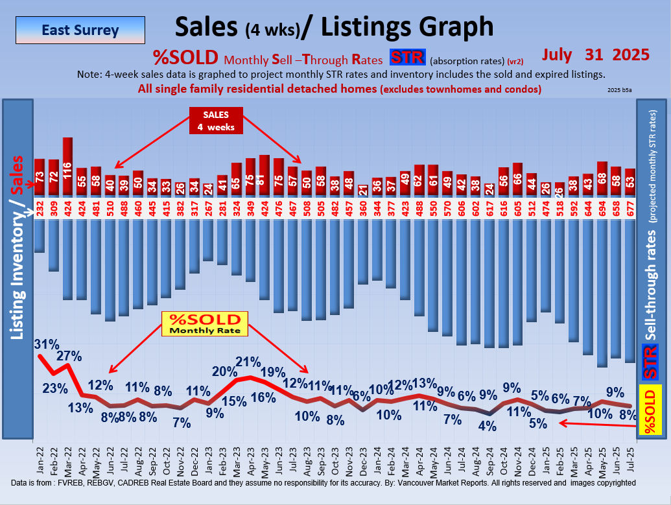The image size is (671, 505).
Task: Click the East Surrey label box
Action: tap(80, 30)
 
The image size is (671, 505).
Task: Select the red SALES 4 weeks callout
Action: tap(212, 121)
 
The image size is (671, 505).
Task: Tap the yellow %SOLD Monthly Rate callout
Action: tap(205, 323)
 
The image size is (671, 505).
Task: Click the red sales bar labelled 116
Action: tap(67, 165)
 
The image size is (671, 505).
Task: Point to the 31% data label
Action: tap(47, 344)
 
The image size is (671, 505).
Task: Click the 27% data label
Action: tap(69, 356)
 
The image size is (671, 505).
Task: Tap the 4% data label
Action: tap(487, 426)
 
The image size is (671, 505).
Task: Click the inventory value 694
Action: tap(602, 207)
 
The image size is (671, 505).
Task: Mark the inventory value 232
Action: tap(40, 207)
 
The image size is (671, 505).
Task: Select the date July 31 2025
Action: tap(596, 54)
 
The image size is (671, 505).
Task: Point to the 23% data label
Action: tap(54, 389)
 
